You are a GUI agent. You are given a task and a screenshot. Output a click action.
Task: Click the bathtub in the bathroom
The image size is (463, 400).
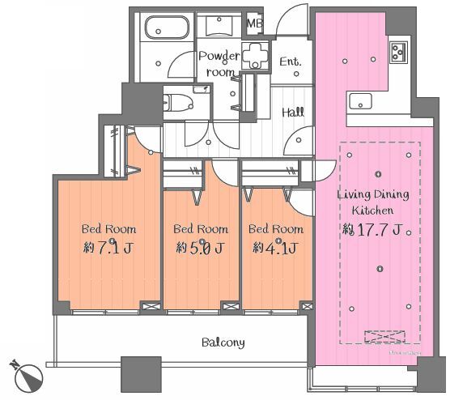167,28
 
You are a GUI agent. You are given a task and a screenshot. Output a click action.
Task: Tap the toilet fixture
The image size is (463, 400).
178,103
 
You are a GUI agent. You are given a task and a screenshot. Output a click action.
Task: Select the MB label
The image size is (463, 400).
254,23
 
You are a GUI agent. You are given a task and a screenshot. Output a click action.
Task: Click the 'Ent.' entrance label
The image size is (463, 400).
291,62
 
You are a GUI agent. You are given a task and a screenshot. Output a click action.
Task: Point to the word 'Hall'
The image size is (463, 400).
293,113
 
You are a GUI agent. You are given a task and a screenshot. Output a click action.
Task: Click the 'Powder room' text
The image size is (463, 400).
219,64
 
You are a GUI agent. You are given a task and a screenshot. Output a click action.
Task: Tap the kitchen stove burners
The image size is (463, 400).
398,53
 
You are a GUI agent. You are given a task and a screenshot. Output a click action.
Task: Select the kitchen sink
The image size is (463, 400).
360,101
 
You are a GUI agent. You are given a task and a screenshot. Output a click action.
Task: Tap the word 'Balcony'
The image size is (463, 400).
223,343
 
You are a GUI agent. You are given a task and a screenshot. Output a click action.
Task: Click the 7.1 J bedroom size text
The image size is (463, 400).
108,248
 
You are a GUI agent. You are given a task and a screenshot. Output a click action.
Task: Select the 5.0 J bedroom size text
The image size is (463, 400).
201,248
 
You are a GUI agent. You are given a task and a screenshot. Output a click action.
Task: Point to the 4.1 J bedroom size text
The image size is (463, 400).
274,248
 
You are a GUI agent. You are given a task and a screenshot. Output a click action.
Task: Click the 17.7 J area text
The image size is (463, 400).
372,229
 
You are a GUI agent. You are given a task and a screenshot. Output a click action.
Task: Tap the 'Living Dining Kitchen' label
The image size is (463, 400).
373,202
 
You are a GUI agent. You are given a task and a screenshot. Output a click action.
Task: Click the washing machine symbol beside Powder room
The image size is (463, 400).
254,56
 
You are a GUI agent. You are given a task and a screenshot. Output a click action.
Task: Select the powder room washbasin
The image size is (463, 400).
219,26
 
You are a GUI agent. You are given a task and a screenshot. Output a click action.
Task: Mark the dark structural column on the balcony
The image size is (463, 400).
141,374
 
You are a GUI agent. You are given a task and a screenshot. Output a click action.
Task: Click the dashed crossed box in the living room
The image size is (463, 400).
384,337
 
